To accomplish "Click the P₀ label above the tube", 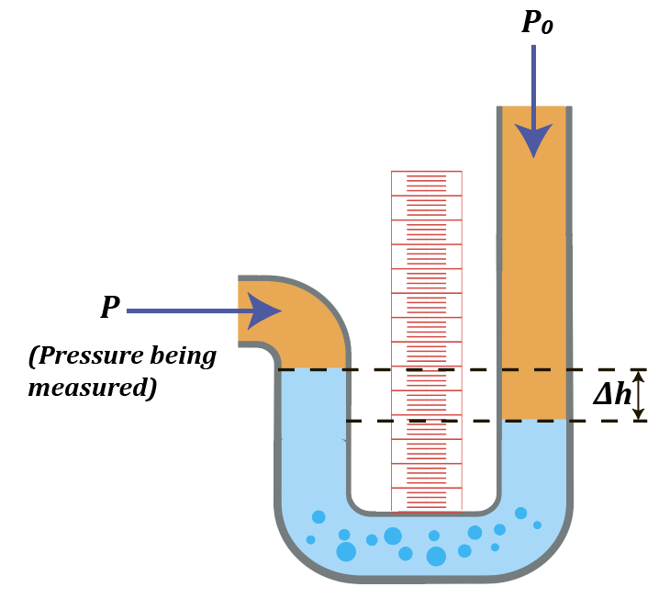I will (x=537, y=22).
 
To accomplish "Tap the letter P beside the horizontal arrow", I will (x=110, y=308).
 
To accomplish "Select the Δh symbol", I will (x=612, y=395).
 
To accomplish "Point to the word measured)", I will (x=92, y=388).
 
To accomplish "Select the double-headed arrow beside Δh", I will (x=641, y=395).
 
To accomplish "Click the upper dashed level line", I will (x=459, y=370).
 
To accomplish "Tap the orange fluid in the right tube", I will (x=535, y=276).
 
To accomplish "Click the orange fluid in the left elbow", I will (x=303, y=331).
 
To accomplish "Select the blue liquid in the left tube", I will (x=312, y=441).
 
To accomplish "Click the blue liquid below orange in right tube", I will (x=535, y=459).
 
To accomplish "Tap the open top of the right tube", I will (x=535, y=108).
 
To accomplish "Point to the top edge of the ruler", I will (x=426, y=172).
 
